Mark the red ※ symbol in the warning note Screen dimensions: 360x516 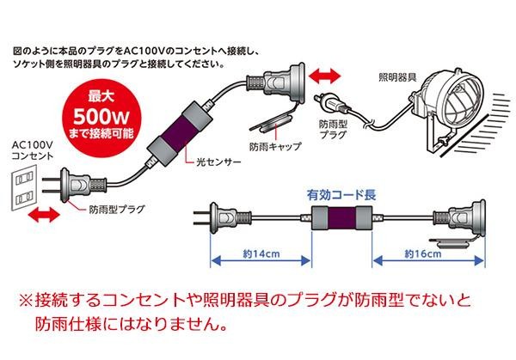point(27,302)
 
